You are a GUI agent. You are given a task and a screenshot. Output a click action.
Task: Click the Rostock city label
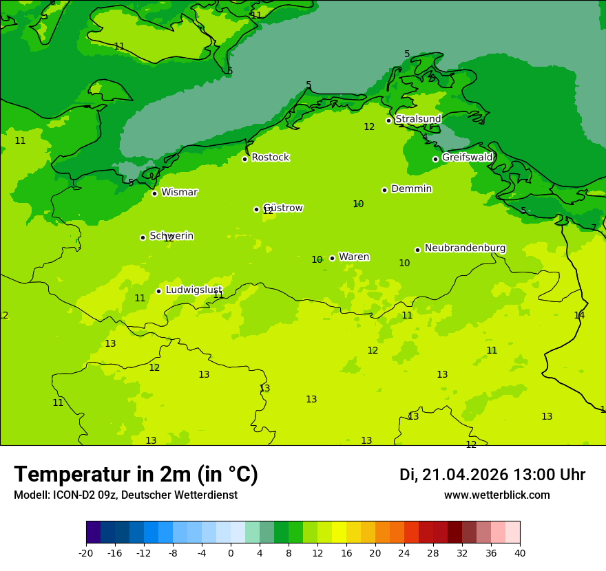[270, 158]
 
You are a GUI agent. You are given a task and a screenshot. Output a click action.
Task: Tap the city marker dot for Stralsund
[388, 120]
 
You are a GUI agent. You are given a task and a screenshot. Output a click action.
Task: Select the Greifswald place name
[467, 158]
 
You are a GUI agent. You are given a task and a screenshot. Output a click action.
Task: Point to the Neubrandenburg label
[465, 248]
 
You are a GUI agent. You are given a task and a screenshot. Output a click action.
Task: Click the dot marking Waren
[332, 258]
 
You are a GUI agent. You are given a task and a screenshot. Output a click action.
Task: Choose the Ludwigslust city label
[194, 290]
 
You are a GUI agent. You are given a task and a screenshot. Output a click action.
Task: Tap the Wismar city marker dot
[155, 193]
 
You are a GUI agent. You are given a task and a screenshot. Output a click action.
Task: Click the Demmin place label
[411, 189]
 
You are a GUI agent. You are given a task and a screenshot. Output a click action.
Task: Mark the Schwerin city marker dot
[143, 237]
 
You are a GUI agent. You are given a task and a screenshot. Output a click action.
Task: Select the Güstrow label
[283, 208]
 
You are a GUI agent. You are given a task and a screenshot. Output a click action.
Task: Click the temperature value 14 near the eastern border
[579, 315]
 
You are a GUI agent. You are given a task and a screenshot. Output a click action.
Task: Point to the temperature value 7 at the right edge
[594, 228]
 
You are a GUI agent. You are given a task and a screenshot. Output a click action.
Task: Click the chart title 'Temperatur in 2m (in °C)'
[136, 474]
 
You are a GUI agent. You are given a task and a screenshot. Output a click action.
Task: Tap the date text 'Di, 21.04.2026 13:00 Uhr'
[492, 475]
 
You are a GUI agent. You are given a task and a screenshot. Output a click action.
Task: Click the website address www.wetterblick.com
[497, 495]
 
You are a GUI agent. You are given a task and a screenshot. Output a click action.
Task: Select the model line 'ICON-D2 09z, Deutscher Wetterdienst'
[125, 495]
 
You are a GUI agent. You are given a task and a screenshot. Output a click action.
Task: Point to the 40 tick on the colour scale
[519, 552]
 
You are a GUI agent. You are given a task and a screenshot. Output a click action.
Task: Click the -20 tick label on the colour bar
[86, 552]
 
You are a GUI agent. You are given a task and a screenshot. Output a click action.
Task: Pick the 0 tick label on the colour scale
[231, 552]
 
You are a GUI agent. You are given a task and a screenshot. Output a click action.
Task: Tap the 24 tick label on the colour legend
[404, 552]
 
